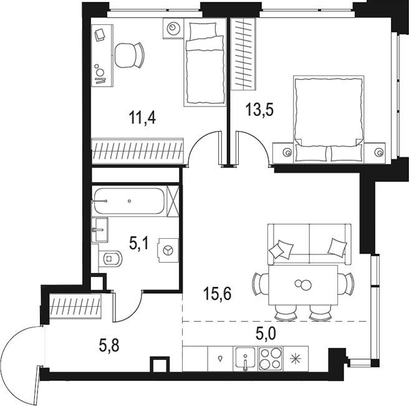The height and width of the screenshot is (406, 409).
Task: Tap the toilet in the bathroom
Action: [x=110, y=257]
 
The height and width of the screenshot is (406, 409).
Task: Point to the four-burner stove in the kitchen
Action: [x=270, y=360]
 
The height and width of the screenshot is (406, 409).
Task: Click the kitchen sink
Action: [x=246, y=360]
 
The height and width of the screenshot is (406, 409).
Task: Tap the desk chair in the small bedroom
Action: [x=130, y=56]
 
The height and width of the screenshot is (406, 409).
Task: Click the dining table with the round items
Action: [x=302, y=285]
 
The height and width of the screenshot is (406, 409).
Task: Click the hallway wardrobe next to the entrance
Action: [x=75, y=307]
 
